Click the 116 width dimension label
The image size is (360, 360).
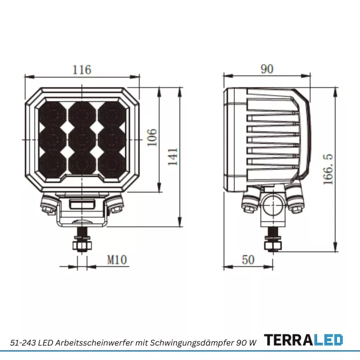click(82, 70)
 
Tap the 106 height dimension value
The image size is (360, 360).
click(152, 138)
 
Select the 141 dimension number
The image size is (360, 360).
click(173, 157)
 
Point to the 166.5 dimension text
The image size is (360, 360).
click(328, 169)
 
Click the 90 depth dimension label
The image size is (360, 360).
click(267, 69)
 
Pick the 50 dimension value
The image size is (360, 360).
click(248, 260)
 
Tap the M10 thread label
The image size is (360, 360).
click(117, 260)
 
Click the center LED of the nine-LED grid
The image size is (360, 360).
click(82, 139)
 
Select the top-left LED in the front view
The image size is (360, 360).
click(52, 114)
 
